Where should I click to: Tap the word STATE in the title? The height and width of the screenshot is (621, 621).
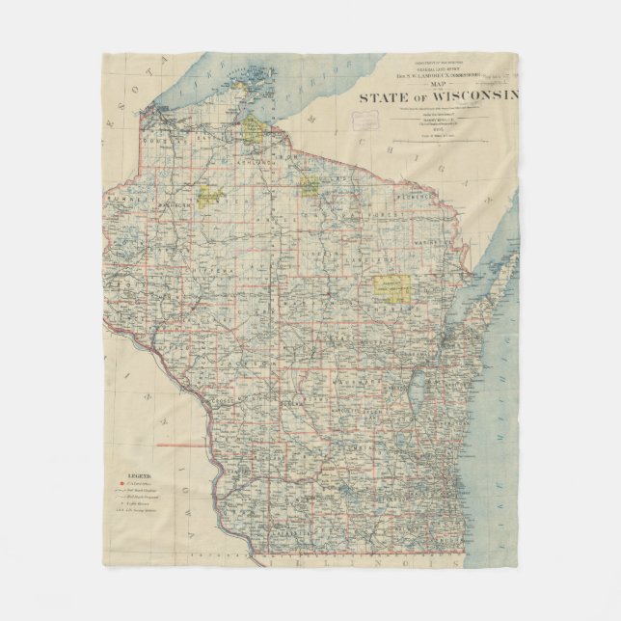click(381, 97)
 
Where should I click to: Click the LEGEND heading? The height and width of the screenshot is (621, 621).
click(140, 475)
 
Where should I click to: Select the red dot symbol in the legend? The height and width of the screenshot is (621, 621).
click(121, 485)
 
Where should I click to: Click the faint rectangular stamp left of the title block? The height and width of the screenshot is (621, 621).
click(367, 122)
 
